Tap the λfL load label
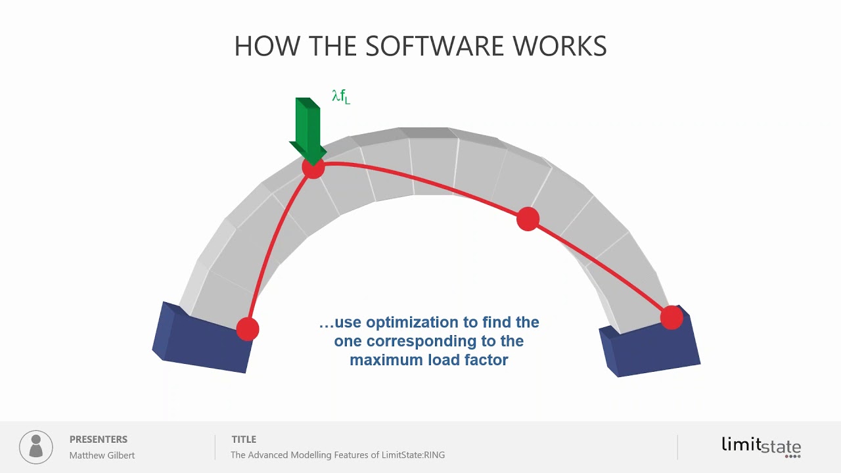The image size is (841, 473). point(341,97)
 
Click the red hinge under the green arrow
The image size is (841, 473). point(313,168)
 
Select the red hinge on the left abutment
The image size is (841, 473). point(248,328)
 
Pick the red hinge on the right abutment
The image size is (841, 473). point(671,318)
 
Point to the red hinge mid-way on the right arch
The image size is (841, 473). point(528,219)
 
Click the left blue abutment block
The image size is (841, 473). point(202,338)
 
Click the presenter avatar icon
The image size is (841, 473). point(36,447)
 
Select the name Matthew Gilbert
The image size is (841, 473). point(102,455)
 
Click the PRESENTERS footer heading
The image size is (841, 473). point(99,439)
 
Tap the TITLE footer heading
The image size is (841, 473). point(244,439)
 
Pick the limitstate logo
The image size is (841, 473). point(761,446)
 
